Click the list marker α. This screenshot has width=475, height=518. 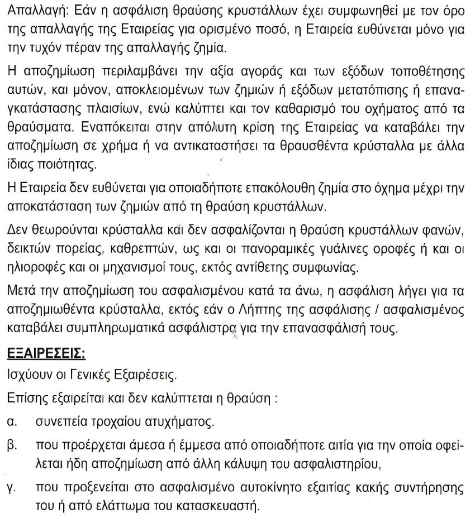[x=11, y=422]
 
